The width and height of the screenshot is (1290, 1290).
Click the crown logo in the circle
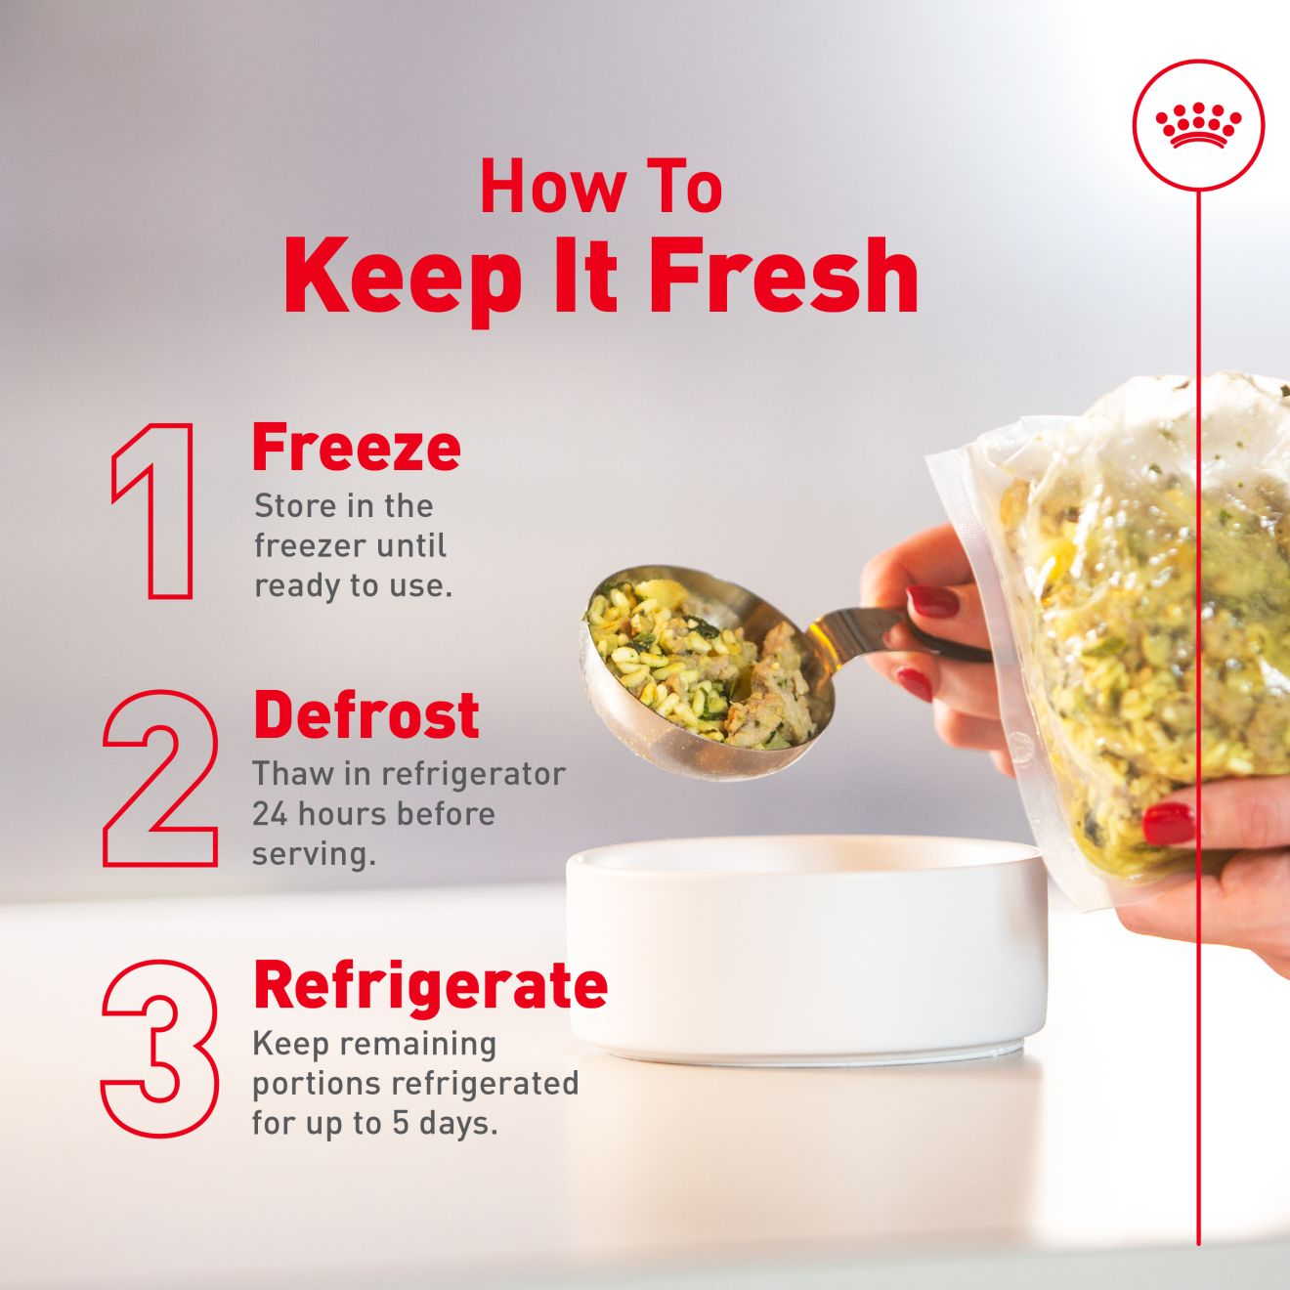click(1197, 125)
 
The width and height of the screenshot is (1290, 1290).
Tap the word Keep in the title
click(403, 283)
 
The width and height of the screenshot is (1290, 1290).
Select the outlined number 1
click(152, 511)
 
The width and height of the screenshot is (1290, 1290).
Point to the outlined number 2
click(160, 779)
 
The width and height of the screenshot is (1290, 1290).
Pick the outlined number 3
click(160, 1048)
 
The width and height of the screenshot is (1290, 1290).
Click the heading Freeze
click(356, 448)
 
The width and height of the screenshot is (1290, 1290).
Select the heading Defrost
click(366, 715)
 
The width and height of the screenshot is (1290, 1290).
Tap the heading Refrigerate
click(430, 986)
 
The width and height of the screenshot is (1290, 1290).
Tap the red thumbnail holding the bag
click(1168, 824)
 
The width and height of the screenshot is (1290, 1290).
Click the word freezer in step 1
click(310, 547)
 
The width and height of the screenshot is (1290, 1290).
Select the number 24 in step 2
click(270, 815)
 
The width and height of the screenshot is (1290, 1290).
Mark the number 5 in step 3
click(400, 1123)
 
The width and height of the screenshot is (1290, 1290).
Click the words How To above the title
click(601, 187)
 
